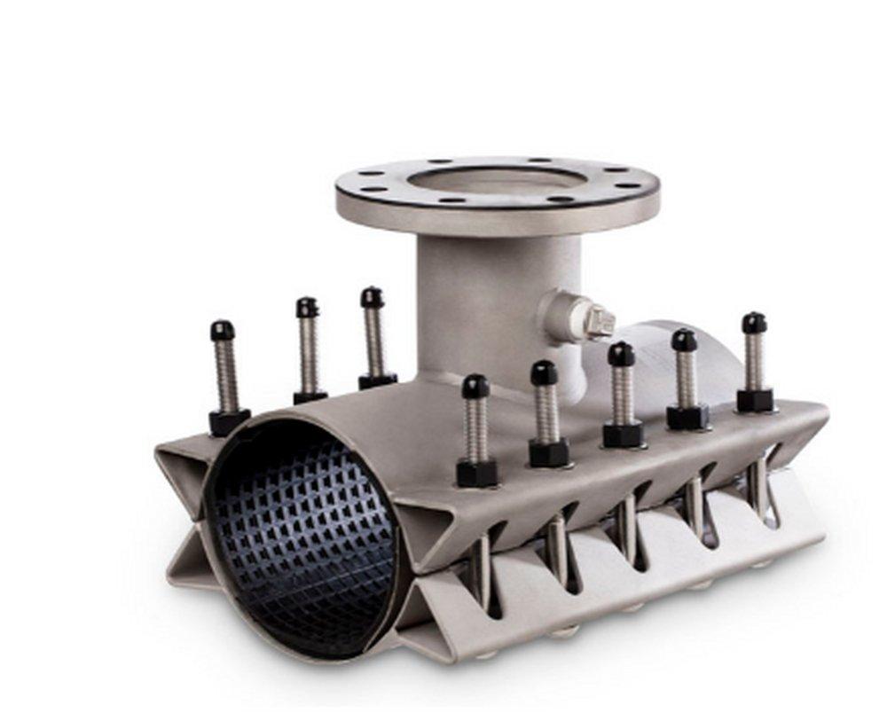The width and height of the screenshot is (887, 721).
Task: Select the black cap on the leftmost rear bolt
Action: click(222, 331)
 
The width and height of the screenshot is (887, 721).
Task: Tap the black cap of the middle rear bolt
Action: click(307, 308)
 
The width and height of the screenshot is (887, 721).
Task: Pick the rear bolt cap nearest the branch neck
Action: click(372, 297)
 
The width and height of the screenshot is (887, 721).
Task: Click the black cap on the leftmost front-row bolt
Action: click(475, 386)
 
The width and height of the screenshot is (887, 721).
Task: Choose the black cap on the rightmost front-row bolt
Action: click(754, 323)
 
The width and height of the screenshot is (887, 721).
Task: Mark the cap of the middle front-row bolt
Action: click(621, 354)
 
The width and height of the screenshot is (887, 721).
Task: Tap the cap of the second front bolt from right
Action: click(684, 340)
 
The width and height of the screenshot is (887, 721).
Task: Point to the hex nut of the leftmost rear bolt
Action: click(228, 421)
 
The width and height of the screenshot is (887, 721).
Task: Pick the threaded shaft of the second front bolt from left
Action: click(546, 412)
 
